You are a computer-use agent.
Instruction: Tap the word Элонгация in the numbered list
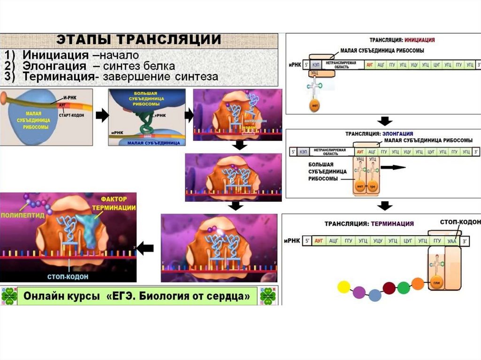[55, 66]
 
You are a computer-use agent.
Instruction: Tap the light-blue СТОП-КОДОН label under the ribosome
[68, 276]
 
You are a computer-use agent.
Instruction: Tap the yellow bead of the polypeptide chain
[344, 287]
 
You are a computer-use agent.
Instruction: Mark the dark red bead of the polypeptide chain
[389, 288]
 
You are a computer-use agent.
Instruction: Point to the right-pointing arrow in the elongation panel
[393, 167]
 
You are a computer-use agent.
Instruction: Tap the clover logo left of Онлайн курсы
[9, 296]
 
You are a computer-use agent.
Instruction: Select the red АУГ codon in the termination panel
[320, 241]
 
